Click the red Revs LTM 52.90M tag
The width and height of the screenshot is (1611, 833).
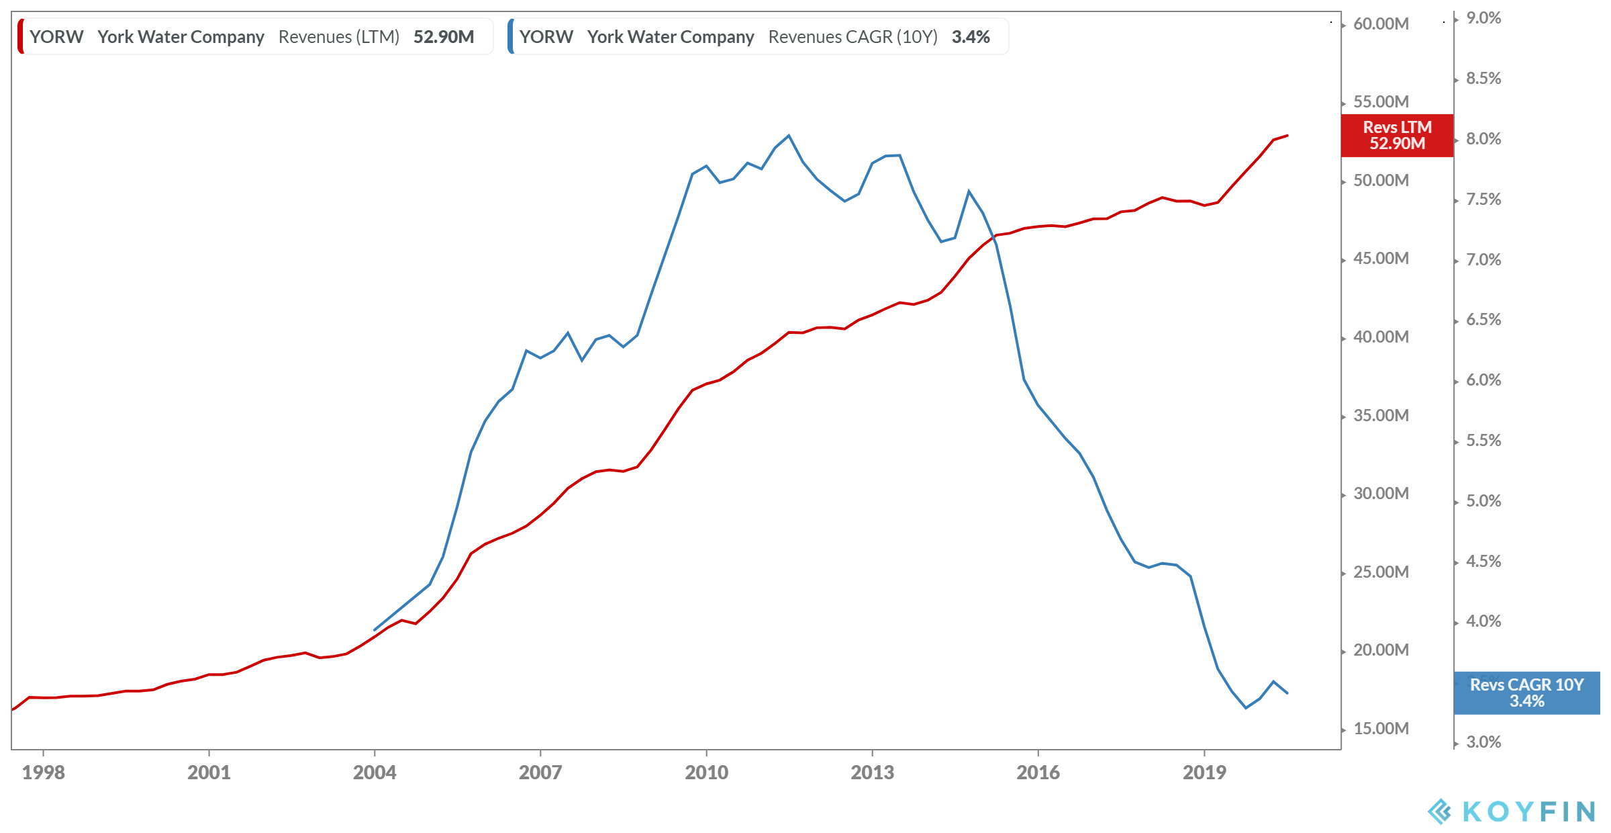(x=1397, y=136)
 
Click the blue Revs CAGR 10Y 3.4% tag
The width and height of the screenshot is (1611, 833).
(x=1526, y=693)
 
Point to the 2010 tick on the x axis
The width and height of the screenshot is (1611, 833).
(x=706, y=772)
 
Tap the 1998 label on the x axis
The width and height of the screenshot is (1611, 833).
(x=44, y=772)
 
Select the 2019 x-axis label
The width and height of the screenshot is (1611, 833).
(x=1204, y=772)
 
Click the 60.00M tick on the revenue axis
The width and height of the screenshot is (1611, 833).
(x=1381, y=24)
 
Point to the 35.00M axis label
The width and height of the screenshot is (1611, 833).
(x=1381, y=416)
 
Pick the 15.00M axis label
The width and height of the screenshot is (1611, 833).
(x=1381, y=729)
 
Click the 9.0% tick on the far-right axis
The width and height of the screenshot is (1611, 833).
(x=1483, y=18)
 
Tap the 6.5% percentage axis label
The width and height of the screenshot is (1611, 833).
(x=1483, y=320)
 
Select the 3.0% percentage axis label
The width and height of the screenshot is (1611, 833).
(x=1483, y=742)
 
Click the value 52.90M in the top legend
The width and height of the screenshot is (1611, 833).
(x=444, y=37)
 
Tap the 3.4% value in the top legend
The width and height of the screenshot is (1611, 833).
(x=971, y=37)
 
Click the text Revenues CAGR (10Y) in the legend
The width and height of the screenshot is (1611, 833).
(x=852, y=37)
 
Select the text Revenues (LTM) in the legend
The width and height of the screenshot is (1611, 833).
(x=339, y=37)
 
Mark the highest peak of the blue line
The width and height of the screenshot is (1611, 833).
(x=789, y=136)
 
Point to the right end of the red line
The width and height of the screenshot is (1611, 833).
(x=1287, y=136)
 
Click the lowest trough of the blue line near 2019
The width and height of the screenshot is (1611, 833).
(x=1246, y=707)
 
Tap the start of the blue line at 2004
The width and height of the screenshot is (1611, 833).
(x=375, y=630)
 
